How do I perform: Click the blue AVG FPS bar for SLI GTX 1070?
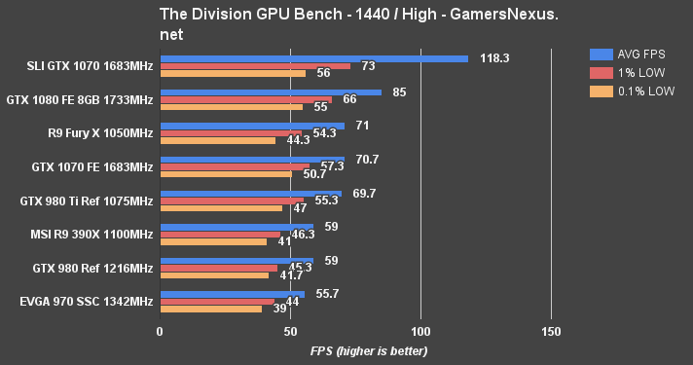click(313, 58)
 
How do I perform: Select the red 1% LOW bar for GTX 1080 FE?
click(245, 99)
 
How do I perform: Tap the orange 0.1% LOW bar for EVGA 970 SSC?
click(210, 309)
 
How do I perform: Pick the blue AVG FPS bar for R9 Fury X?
click(252, 126)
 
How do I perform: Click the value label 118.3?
click(494, 58)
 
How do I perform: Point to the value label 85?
click(400, 91)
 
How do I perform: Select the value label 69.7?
click(364, 193)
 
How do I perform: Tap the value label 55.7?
click(327, 293)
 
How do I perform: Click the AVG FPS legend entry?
click(630, 55)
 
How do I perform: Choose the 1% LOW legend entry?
click(627, 73)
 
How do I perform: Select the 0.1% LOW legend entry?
click(631, 91)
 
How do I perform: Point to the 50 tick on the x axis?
click(290, 332)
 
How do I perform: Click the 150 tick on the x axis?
click(551, 332)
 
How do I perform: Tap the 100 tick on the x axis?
click(420, 332)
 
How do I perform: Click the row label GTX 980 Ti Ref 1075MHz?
click(87, 201)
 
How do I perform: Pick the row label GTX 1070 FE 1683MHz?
click(92, 166)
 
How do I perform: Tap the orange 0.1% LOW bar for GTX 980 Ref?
click(213, 275)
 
